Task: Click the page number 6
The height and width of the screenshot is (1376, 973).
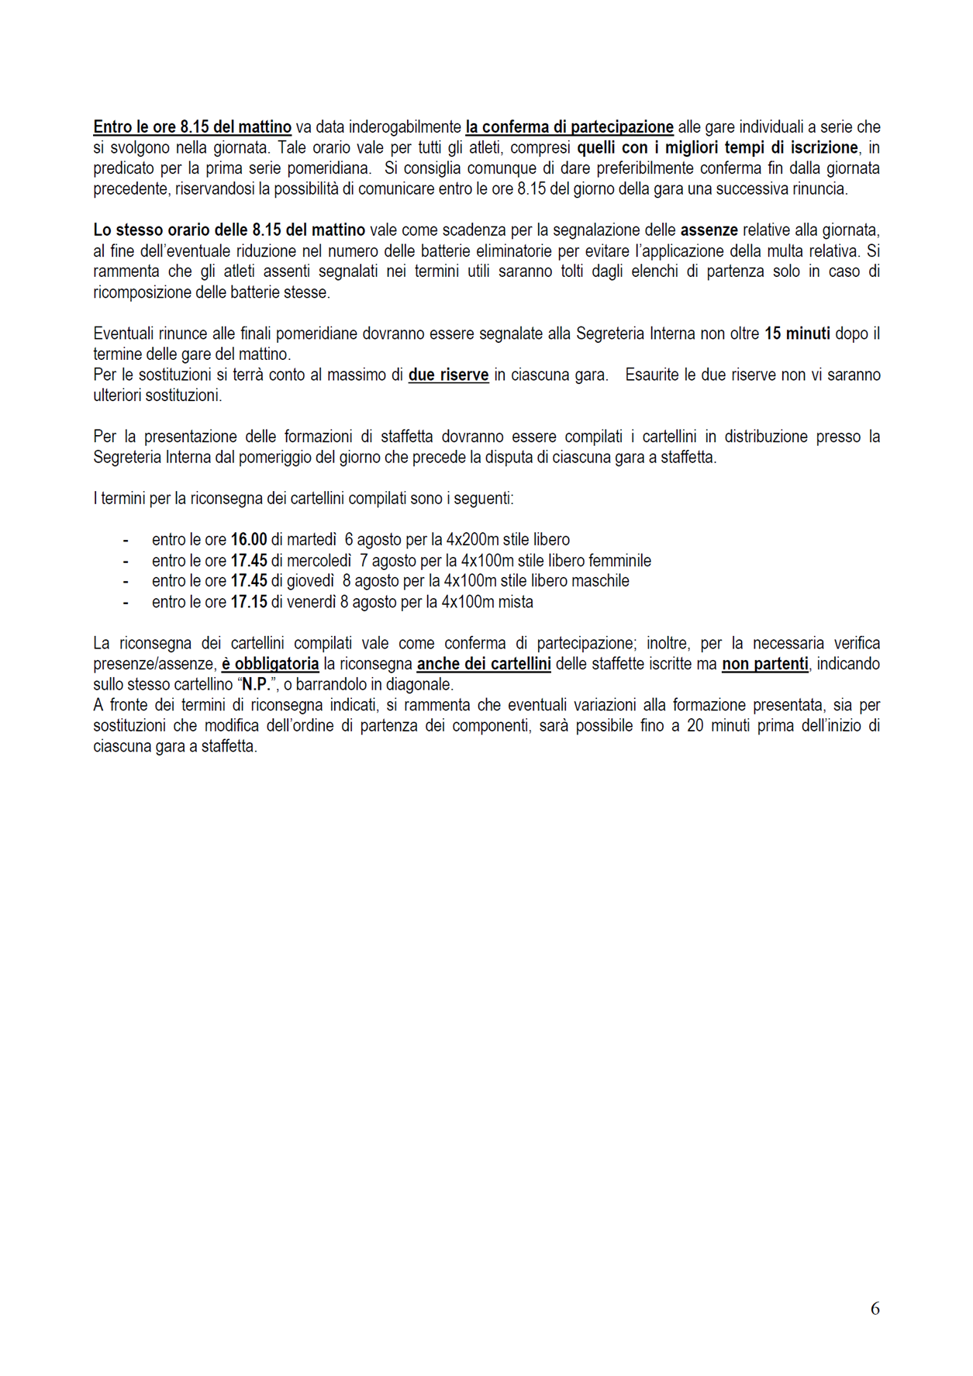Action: point(875,1309)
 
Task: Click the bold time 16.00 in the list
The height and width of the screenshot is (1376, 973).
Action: point(249,540)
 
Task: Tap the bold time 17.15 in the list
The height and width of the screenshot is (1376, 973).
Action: point(249,602)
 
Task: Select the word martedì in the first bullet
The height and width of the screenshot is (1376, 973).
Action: point(312,540)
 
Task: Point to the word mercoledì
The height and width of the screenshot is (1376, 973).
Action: point(319,561)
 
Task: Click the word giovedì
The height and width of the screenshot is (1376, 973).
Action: point(310,581)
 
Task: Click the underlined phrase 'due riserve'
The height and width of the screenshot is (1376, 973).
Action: point(448,375)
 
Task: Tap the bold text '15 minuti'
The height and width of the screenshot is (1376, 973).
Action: point(797,334)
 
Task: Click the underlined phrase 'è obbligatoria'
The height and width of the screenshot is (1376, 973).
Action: point(270,664)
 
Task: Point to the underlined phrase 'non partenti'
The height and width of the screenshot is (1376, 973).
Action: point(764,664)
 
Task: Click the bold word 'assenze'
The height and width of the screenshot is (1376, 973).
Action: point(709,230)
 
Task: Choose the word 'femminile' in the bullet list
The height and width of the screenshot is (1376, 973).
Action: point(619,561)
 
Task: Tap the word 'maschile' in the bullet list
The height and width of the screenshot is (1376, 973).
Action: point(600,581)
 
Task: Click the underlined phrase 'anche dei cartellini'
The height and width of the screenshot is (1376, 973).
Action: point(484,664)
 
